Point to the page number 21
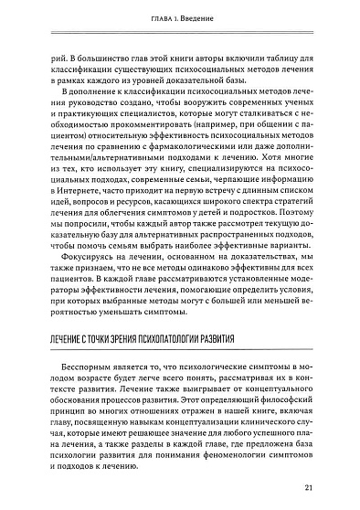pyautogui.click(x=310, y=486)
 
